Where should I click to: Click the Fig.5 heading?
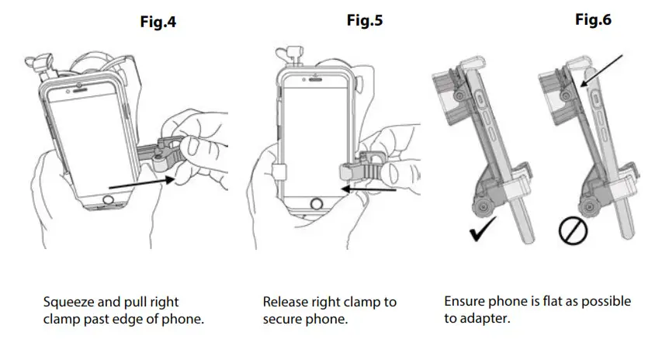point(364,21)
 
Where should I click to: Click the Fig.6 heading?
point(592,20)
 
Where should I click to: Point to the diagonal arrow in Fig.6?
point(601,69)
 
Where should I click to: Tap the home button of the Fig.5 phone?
point(317,205)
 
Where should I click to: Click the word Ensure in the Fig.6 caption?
point(463,301)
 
